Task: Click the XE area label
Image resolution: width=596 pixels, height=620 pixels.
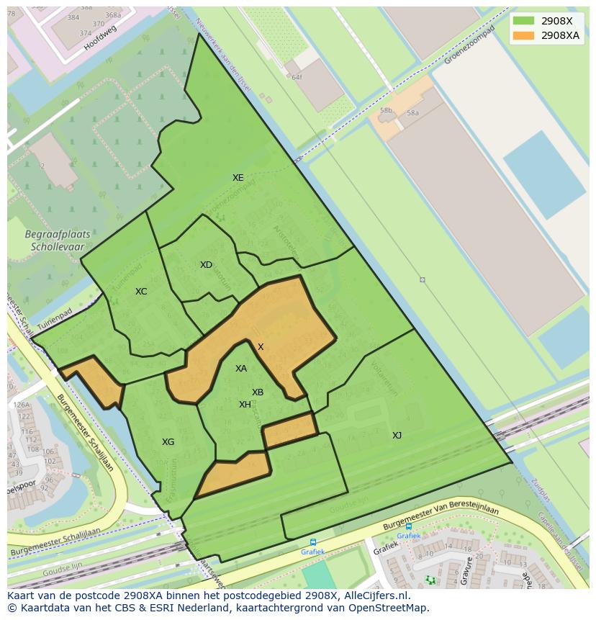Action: tap(238, 178)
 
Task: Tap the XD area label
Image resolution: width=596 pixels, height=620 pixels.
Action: tap(206, 265)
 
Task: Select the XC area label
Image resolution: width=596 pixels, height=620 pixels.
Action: tap(141, 292)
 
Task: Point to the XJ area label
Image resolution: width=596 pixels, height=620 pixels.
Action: tap(397, 435)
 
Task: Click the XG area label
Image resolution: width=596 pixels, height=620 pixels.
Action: tap(168, 442)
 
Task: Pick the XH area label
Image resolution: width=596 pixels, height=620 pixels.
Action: tap(245, 405)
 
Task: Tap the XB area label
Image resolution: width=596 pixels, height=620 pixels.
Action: tap(258, 392)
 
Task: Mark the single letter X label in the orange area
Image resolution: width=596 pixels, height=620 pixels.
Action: tap(261, 347)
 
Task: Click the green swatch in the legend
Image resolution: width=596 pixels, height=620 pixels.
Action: tap(523, 21)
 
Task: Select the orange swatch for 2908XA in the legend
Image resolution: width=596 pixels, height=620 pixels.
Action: tap(523, 35)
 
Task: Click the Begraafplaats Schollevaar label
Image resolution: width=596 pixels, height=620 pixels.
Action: tap(54, 241)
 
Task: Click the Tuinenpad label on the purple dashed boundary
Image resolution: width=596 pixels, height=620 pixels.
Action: tap(55, 322)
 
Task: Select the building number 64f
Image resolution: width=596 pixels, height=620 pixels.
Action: tap(297, 76)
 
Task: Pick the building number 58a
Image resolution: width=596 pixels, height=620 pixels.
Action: tap(412, 113)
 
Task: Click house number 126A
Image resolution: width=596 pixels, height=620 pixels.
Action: tap(21, 405)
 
